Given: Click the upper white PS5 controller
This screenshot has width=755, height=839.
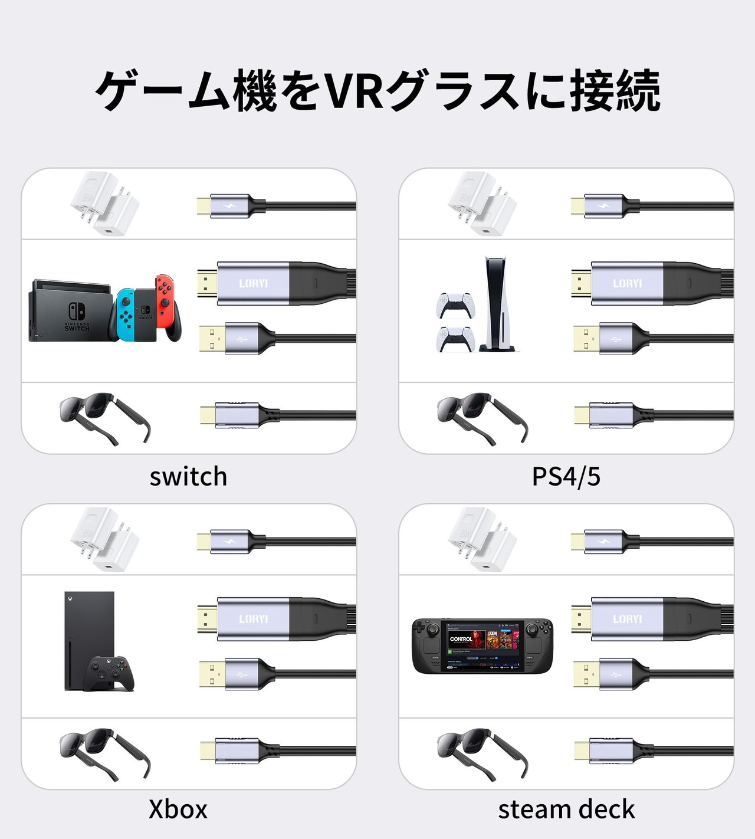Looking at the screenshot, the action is click(455, 305).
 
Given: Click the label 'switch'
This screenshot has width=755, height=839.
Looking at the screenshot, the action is click(188, 477).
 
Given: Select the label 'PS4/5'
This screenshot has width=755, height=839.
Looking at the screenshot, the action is click(566, 477).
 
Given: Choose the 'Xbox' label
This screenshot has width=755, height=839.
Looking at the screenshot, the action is click(178, 809).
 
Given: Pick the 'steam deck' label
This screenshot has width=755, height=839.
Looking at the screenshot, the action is click(566, 809).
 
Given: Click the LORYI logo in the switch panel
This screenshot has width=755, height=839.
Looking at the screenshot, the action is click(254, 284).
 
